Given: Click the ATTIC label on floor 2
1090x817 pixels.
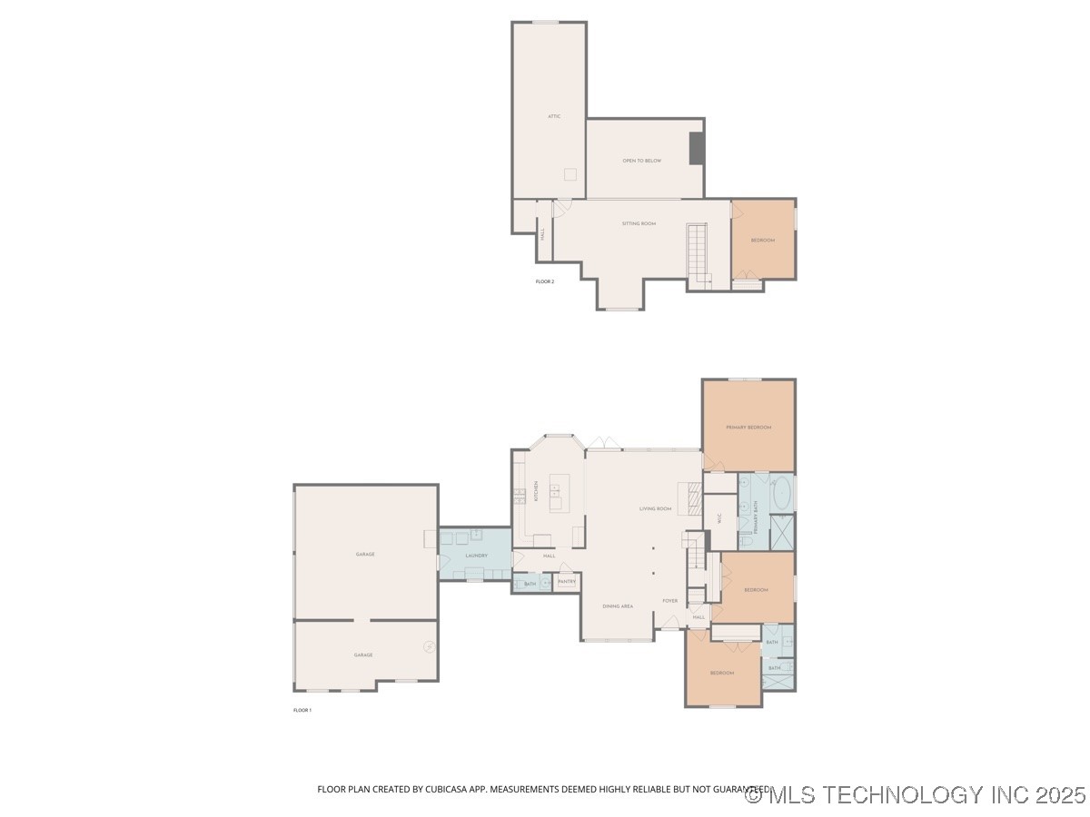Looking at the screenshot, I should coord(554,116).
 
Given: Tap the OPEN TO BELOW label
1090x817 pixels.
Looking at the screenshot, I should coord(641,161).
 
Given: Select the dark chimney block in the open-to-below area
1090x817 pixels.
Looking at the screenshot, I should coord(697,149).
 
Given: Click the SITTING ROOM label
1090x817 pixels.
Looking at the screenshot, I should coord(639,223).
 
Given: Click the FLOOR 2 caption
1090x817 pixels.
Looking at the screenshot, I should coord(544,281).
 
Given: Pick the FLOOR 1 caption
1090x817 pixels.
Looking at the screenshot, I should coord(302,710).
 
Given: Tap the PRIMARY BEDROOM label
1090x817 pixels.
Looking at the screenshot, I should coord(748,427).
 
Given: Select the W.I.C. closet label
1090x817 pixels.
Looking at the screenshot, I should coord(718,518).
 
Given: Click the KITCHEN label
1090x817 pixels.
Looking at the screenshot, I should coord(536,493).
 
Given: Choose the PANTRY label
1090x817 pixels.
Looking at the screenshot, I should coord(567,581).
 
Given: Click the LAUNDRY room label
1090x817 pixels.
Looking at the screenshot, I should coord(476,556).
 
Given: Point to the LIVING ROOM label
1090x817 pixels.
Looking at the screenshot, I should coord(655,508).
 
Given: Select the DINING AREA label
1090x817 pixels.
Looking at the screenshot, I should coord(618,605).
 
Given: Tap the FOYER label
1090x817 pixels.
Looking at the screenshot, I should coord(669,601).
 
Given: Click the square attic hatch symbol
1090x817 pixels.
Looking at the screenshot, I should coord(570,174).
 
